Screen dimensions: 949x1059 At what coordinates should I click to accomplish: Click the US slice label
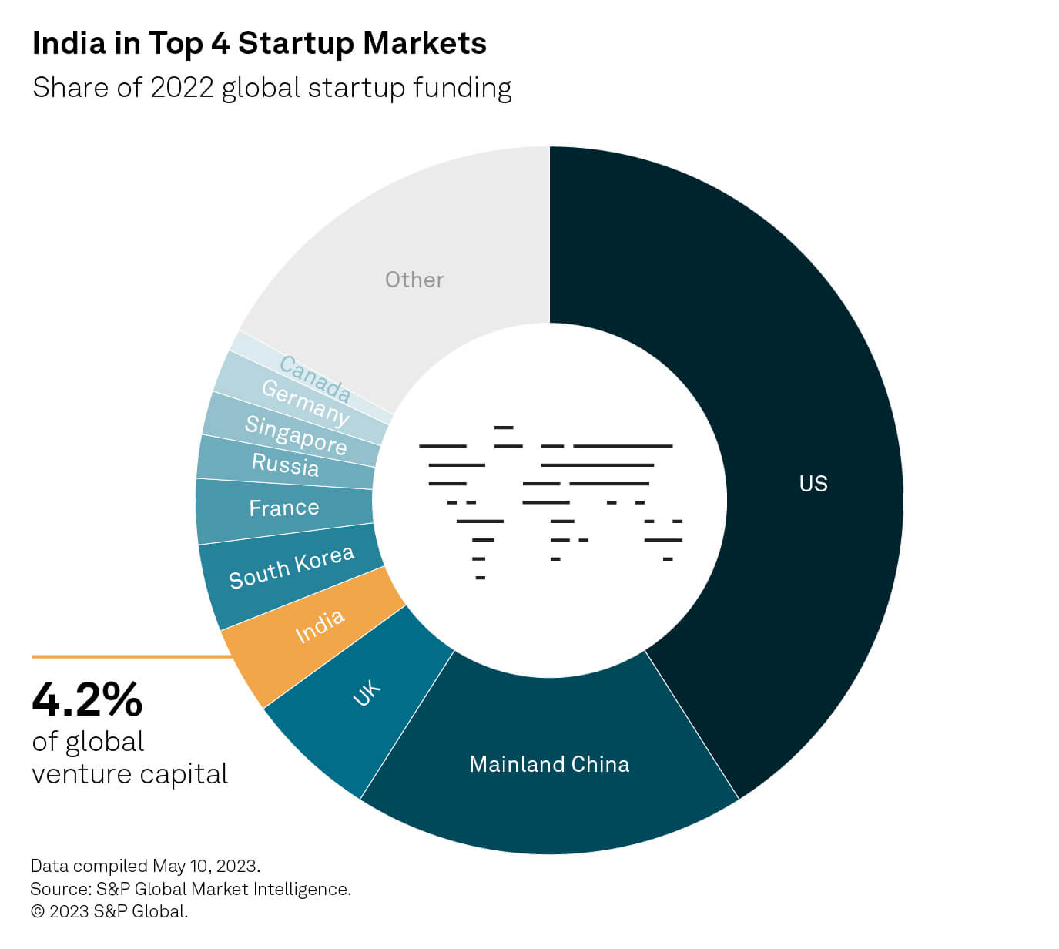[x=813, y=484]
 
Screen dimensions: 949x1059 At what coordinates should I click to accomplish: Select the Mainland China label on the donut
[x=549, y=764]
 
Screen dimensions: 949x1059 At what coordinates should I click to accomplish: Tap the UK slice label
[x=367, y=692]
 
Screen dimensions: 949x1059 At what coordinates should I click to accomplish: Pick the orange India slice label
[x=320, y=626]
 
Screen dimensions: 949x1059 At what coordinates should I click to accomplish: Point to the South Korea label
[x=291, y=567]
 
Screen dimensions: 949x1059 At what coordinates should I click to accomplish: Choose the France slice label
[x=283, y=508]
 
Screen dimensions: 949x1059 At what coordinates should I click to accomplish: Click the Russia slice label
[x=285, y=464]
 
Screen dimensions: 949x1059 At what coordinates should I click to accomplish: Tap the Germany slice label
[x=305, y=402]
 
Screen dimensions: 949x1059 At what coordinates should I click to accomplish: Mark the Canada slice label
[x=315, y=378]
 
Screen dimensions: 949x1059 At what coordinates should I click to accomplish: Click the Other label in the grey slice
[x=414, y=280]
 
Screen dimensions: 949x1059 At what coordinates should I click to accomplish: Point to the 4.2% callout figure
[x=87, y=699]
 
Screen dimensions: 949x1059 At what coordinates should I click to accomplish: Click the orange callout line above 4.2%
[x=131, y=657]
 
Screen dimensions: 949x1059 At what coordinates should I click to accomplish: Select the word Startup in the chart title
[x=297, y=43]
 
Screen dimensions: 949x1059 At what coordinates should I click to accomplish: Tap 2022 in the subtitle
[x=182, y=88]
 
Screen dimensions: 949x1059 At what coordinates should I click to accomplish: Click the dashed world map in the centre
[x=550, y=501]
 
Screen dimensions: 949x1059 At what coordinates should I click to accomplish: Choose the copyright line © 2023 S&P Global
[x=109, y=912]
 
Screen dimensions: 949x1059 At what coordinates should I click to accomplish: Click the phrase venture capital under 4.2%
[x=129, y=773]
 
